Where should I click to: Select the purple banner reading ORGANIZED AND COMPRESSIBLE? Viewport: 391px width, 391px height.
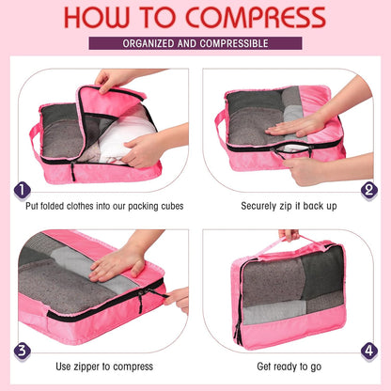tap(195, 43)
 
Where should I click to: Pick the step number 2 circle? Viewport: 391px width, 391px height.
tap(368, 190)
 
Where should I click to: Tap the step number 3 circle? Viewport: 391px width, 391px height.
tap(22, 350)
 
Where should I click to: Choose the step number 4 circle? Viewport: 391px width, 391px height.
tap(368, 350)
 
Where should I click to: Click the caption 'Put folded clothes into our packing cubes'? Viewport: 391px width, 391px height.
tap(105, 205)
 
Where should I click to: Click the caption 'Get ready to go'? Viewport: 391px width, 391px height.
tap(286, 366)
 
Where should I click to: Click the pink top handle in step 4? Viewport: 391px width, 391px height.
tap(289, 242)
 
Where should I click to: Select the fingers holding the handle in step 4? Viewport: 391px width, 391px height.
tap(288, 234)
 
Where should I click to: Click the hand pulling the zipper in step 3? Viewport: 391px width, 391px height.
tap(177, 298)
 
